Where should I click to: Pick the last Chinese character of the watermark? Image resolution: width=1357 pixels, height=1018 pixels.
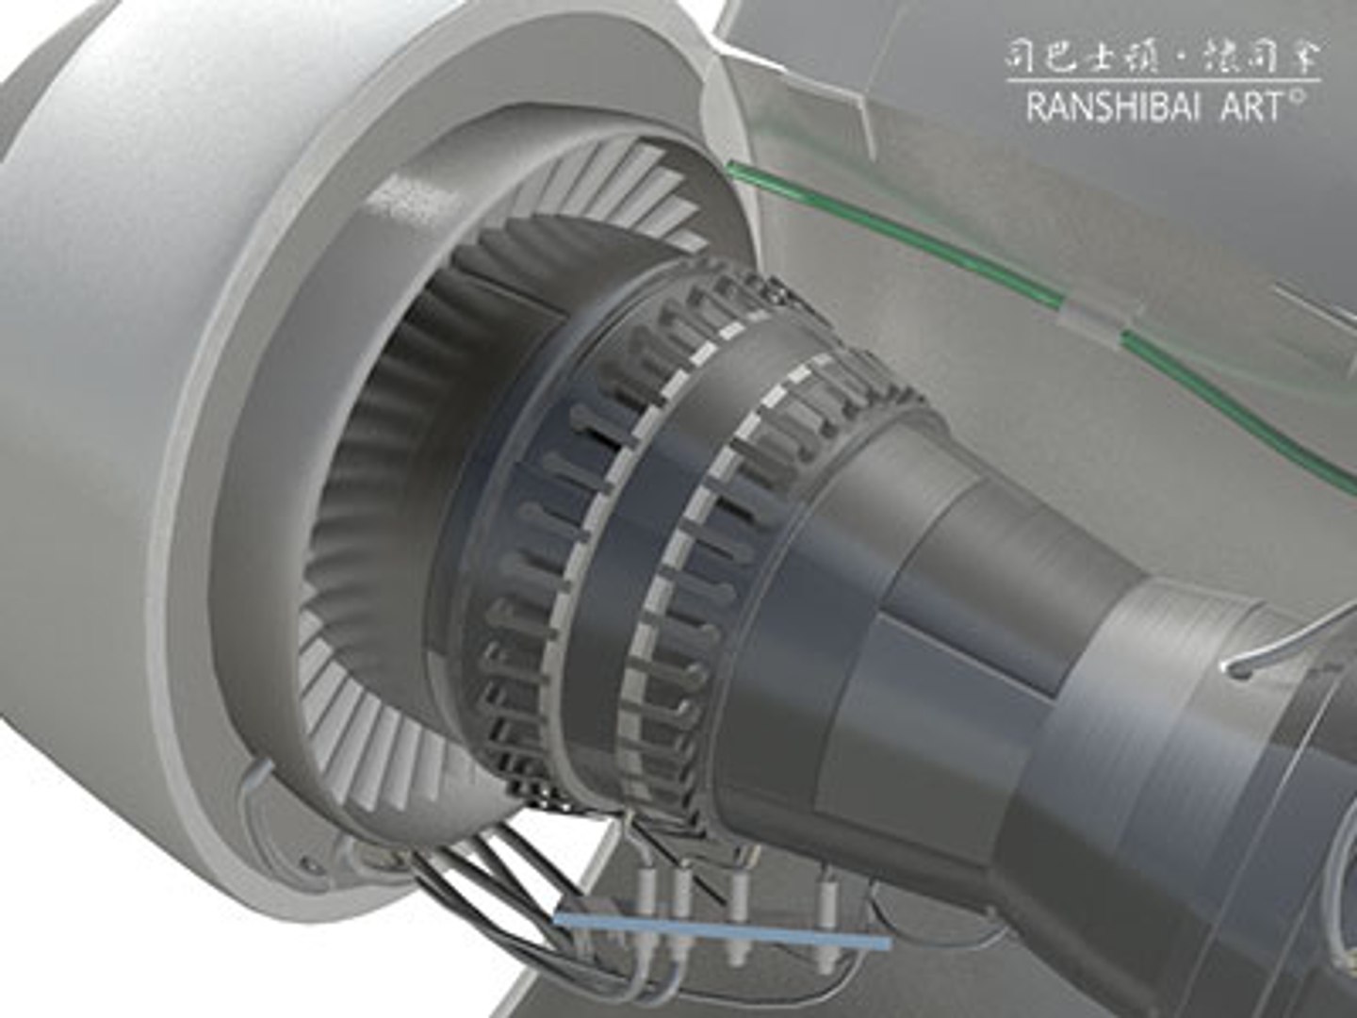[1303, 57]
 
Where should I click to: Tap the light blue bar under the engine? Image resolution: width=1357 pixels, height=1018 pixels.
[722, 928]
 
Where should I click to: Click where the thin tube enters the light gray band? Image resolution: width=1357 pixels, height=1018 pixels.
[1236, 669]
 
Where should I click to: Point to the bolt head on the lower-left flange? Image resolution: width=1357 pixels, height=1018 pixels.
[307, 861]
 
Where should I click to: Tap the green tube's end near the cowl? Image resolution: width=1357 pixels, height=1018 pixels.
[734, 170]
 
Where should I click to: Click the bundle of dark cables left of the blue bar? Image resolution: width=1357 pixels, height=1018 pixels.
[490, 886]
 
